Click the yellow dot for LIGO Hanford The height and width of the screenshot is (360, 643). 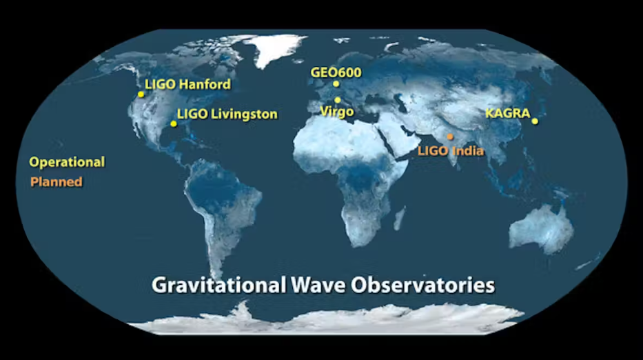point(141,94)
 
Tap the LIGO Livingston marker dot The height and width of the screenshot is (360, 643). point(174,123)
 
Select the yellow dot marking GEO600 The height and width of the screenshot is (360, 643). point(336,83)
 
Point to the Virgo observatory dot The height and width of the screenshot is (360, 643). point(337,100)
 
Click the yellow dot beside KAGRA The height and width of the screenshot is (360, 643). point(535,121)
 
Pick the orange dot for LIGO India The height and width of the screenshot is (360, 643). point(450,137)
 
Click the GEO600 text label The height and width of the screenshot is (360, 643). point(336,72)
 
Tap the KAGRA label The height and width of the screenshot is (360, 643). point(508,113)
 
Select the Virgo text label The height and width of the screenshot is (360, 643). point(337,112)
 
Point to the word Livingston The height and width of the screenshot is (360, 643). point(244,114)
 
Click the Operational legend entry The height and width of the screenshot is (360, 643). point(67,162)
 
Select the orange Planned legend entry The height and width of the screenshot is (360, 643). point(57,182)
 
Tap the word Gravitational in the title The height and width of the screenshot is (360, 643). point(218,286)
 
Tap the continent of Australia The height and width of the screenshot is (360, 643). point(541,228)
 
